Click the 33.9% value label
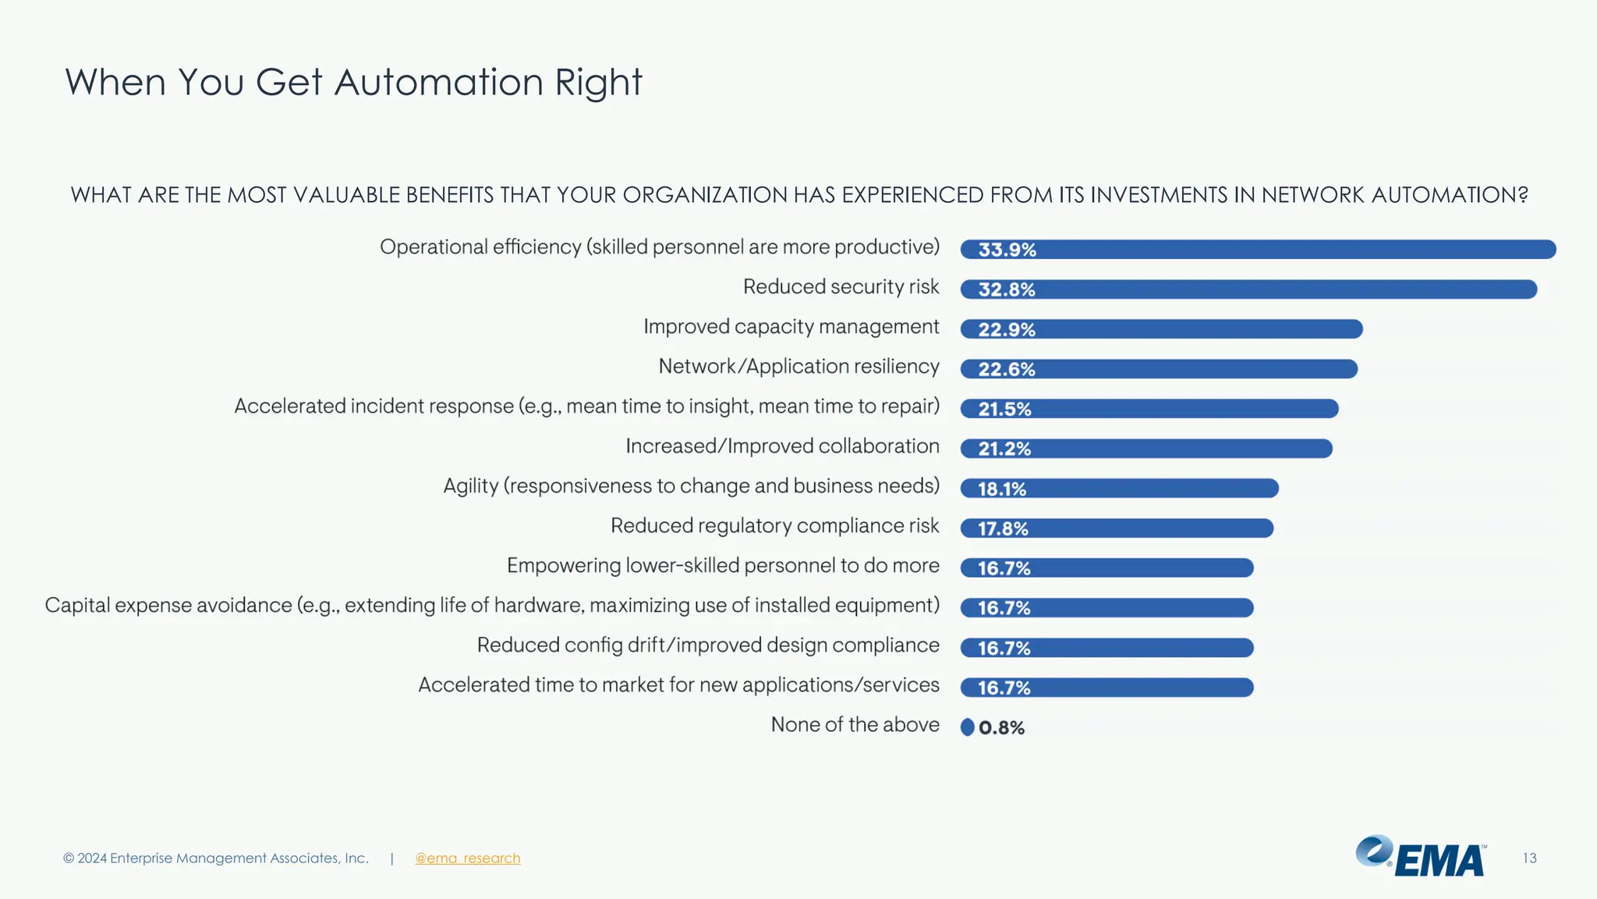click(x=1007, y=250)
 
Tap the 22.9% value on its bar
click(x=1007, y=329)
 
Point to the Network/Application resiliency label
click(x=798, y=367)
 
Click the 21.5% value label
click(x=1004, y=409)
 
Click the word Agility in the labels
click(x=470, y=486)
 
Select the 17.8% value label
click(x=1003, y=529)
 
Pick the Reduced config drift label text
click(x=707, y=645)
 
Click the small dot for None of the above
click(x=968, y=727)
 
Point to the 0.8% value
click(x=1002, y=728)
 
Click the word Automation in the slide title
click(x=438, y=83)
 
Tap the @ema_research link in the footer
click(x=467, y=858)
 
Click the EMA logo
click(x=1421, y=857)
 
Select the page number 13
click(x=1529, y=858)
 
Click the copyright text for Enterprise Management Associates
click(x=216, y=858)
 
